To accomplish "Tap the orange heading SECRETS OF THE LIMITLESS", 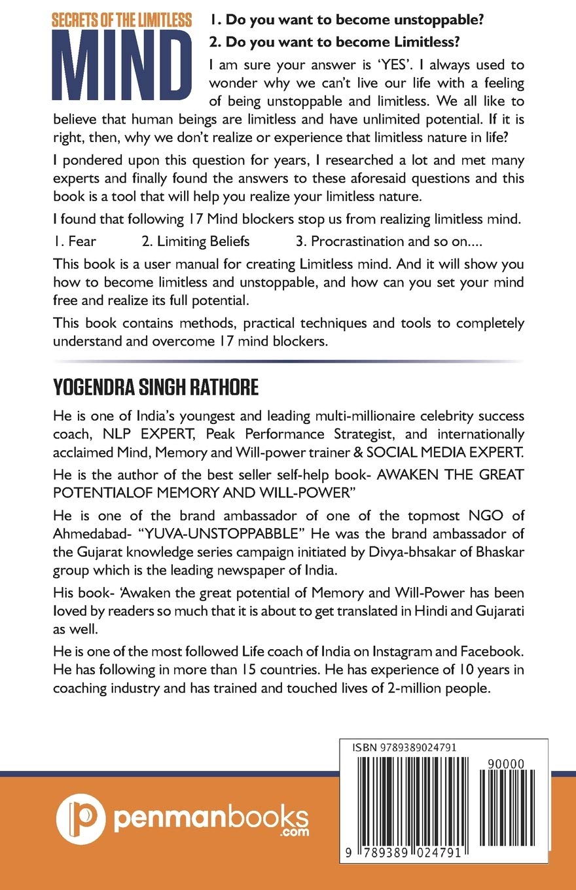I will coord(122,20).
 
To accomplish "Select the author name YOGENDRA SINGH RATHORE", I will coord(156,387).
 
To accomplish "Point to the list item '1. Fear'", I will coord(75,241).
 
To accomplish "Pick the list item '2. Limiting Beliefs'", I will coord(196,241).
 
